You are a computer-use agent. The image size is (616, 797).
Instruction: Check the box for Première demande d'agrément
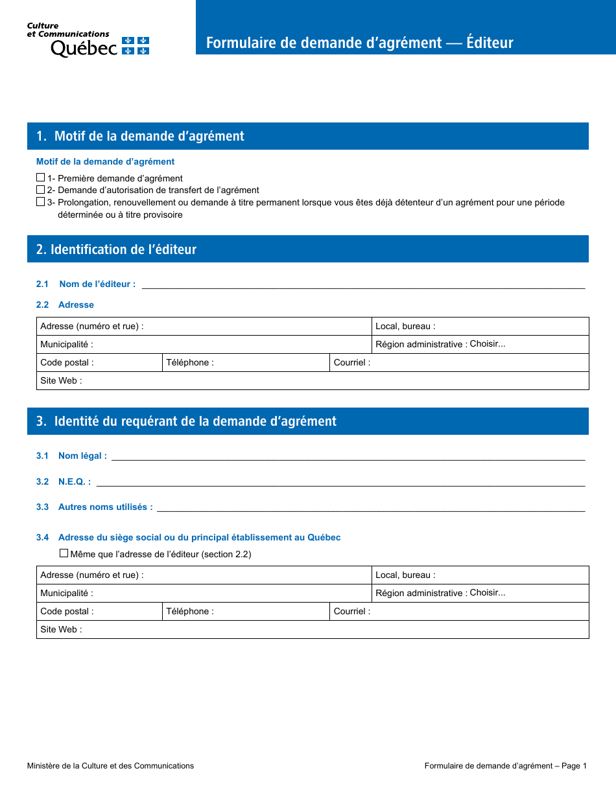pos(41,178)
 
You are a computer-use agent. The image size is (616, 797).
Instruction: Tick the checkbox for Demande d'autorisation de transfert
pos(41,190)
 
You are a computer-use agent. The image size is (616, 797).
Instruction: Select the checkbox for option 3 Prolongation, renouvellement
pos(41,202)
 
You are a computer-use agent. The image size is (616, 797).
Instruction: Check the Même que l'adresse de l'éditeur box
pos(64,553)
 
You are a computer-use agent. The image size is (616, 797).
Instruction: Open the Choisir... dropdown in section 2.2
pos(488,344)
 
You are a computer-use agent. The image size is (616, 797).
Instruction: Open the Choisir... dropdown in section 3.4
pos(488,593)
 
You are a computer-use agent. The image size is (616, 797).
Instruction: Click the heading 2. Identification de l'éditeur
pos(117,249)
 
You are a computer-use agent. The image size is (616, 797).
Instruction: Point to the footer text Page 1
pos(574,766)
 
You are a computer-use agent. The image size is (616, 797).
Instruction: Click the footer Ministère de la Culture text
pos(110,766)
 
